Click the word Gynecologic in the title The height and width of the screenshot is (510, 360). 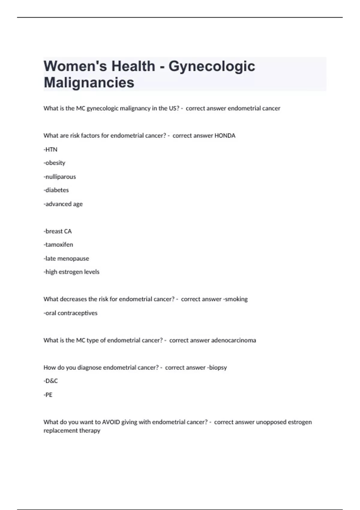point(211,66)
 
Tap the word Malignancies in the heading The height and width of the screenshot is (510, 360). point(89,82)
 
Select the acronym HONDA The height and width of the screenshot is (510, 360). point(225,136)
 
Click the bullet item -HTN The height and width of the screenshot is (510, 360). point(50,149)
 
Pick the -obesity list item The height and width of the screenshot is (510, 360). point(54,163)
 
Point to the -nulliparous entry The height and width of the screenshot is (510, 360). point(60,177)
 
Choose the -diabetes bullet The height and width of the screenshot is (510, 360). point(56,190)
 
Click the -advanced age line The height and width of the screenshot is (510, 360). point(63,204)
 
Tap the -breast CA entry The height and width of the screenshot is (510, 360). point(58,231)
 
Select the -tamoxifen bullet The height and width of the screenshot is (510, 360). point(58,245)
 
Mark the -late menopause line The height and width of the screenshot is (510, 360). point(66,259)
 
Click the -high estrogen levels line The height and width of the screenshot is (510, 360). point(71,272)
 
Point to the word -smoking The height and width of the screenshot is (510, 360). point(235,299)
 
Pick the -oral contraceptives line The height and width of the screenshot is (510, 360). point(70,313)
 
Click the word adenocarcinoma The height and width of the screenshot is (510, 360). point(233,340)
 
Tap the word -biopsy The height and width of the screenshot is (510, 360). point(217,367)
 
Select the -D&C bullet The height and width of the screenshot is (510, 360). point(51,381)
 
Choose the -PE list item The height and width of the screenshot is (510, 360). point(48,395)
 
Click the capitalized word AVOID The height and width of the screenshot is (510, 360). point(111,422)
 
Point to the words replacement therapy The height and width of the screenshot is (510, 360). point(72,430)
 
